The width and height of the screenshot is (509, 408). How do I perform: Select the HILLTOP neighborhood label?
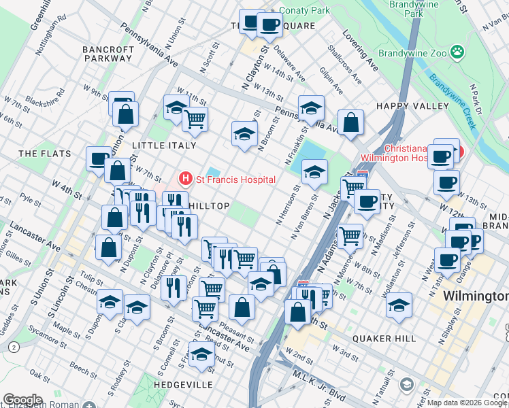coord(208,205)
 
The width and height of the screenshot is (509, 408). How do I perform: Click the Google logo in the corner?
coord(23,400)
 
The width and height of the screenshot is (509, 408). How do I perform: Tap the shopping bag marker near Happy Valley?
coord(350,123)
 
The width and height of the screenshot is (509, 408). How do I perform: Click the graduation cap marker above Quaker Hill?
coord(399,304)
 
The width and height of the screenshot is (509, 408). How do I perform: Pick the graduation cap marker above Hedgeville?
coord(201,354)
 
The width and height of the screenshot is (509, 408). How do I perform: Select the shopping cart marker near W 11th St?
coord(195,119)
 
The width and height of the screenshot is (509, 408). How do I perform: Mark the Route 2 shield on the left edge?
coord(14,347)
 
